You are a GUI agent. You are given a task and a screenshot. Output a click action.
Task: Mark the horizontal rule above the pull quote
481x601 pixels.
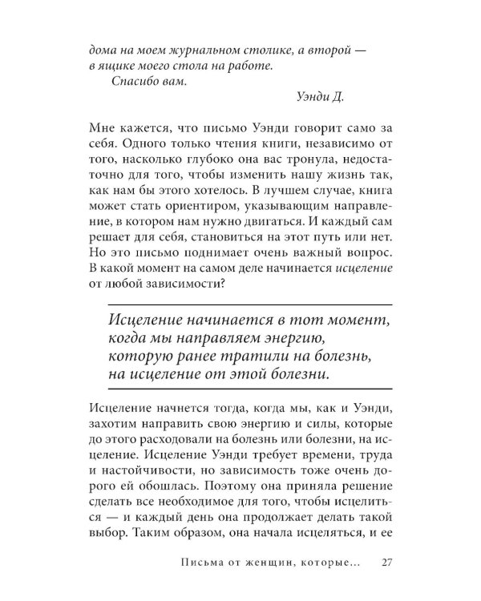pyautogui.click(x=249, y=304)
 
